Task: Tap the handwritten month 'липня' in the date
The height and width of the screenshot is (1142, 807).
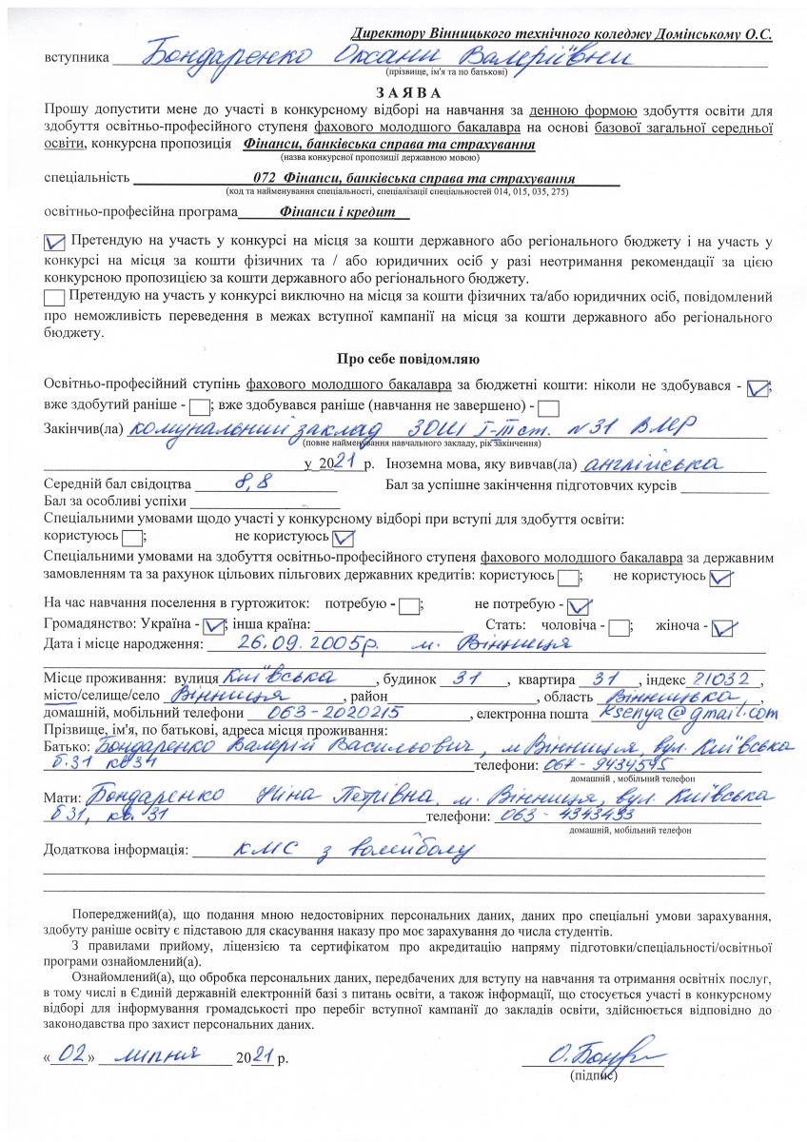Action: pyautogui.click(x=159, y=1054)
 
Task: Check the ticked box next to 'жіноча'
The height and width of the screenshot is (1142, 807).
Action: pyautogui.click(x=725, y=627)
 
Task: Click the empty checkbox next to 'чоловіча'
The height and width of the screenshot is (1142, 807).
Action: pyautogui.click(x=619, y=627)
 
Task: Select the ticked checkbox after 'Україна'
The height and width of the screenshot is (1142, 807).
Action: pyautogui.click(x=213, y=627)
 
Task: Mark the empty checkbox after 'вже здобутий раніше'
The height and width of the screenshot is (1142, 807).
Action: pyautogui.click(x=199, y=408)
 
